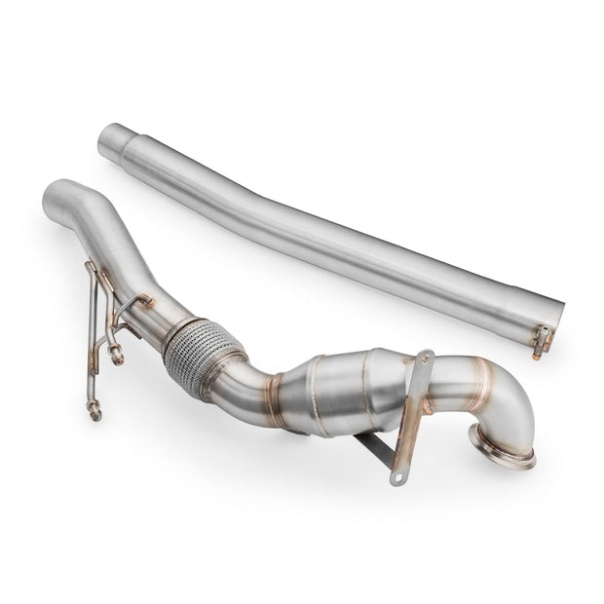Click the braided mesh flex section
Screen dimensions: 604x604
click(202, 356)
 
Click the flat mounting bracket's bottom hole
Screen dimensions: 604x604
click(396, 477)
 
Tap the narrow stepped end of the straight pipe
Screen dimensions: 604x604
click(116, 142)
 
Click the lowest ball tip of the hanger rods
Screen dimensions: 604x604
click(94, 413)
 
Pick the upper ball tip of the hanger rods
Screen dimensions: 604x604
click(117, 357)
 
